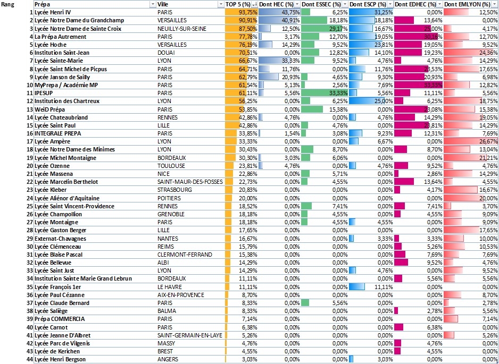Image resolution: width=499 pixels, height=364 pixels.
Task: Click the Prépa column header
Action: pos(43,4)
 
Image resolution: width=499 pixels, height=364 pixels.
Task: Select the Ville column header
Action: pos(164,4)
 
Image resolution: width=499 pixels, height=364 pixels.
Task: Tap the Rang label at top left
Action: pos(9,4)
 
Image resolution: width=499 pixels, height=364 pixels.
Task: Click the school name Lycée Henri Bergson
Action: pos(60,359)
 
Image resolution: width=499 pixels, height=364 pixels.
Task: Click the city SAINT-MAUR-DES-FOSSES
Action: pos(187,182)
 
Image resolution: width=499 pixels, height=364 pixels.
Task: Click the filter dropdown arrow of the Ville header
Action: pos(221,4)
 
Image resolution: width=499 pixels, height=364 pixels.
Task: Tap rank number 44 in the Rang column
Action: pos(29,359)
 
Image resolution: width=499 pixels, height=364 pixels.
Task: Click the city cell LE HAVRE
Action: pos(168,286)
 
